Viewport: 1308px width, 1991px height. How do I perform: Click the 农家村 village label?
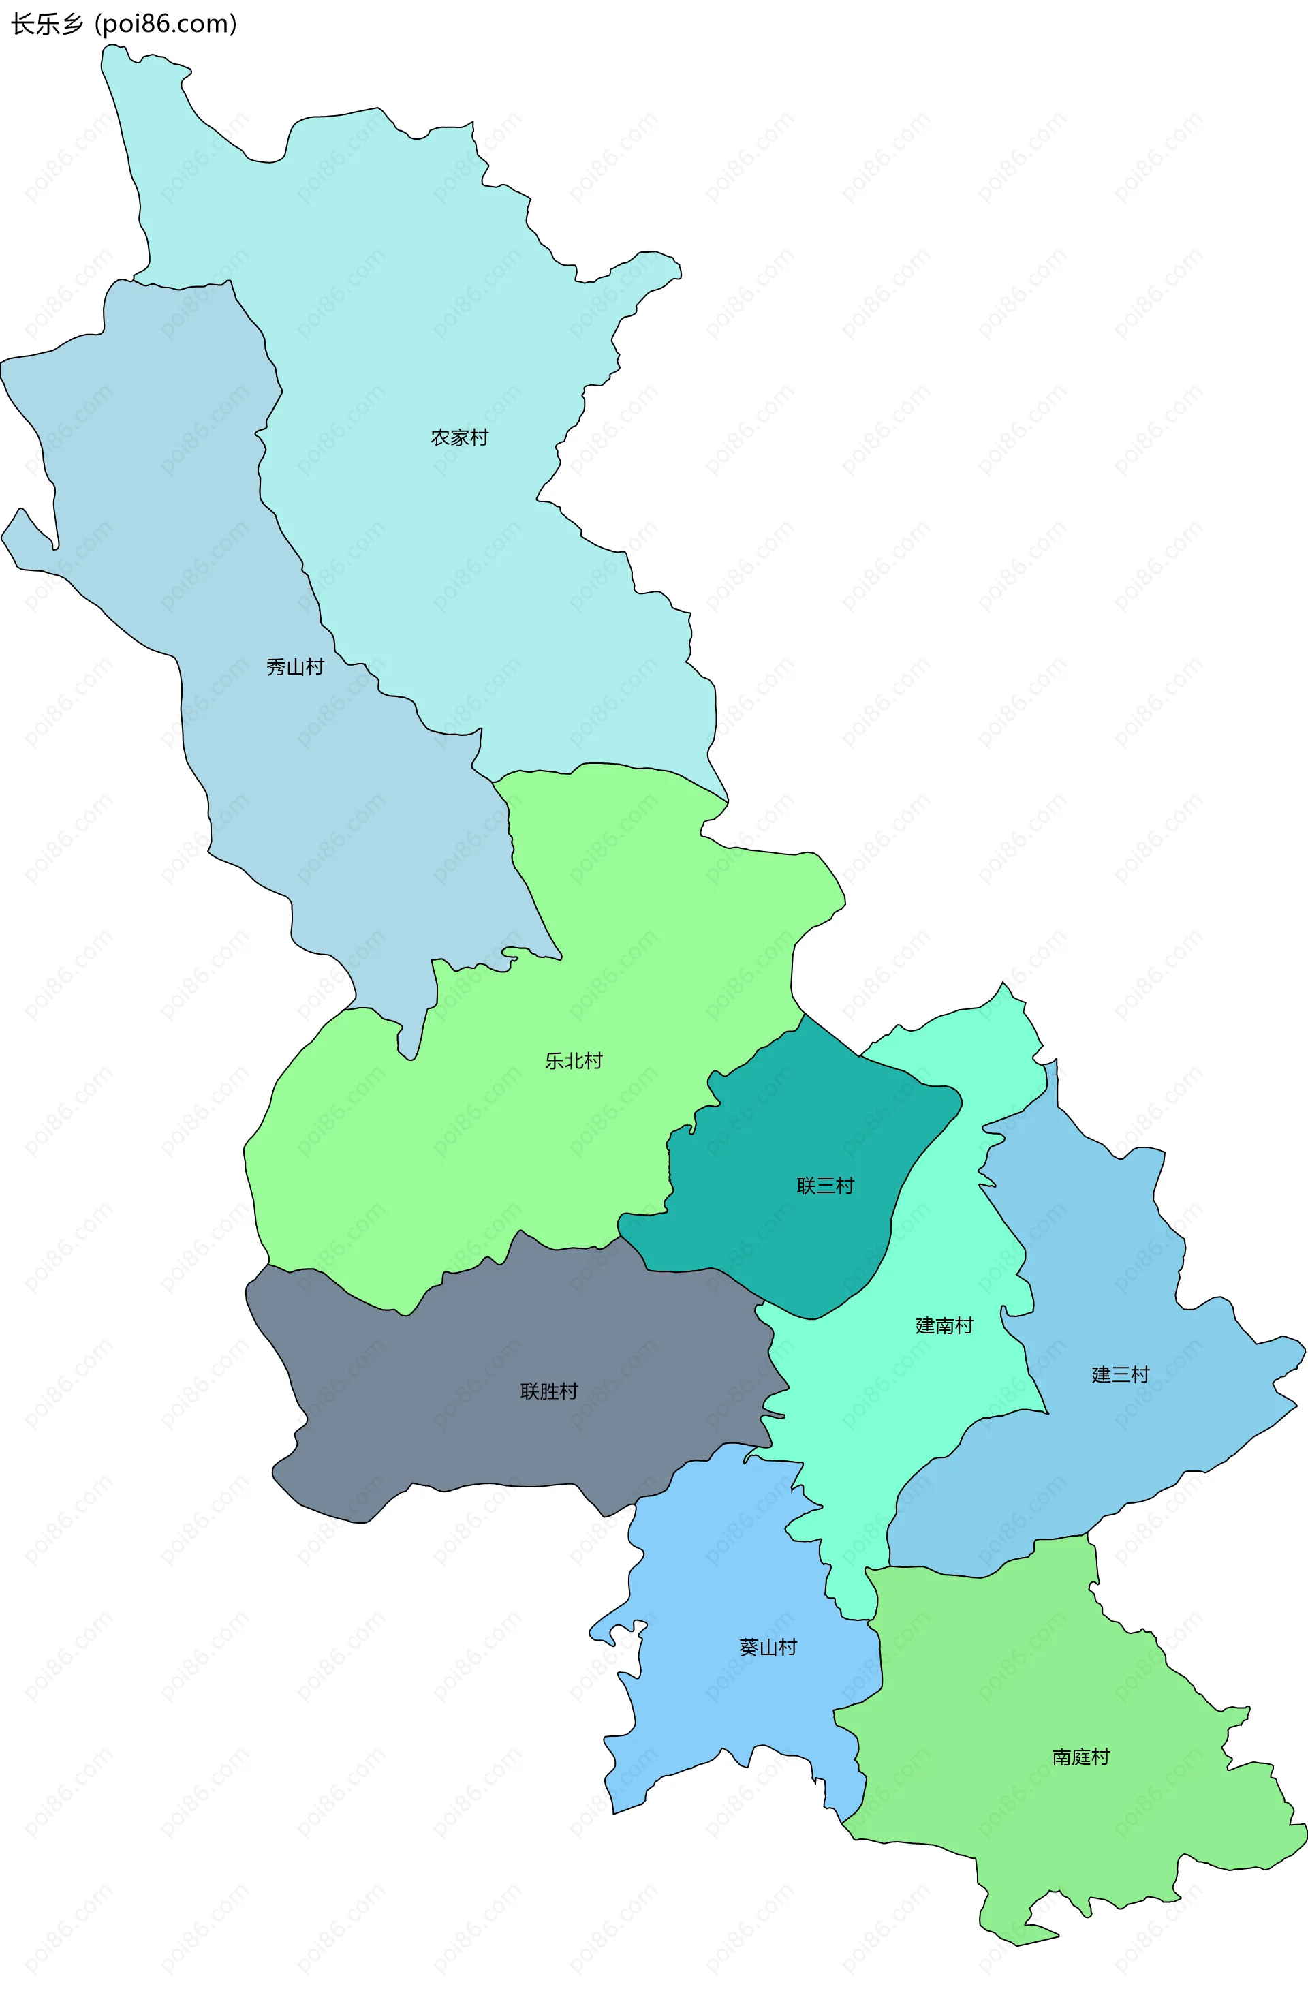click(x=459, y=437)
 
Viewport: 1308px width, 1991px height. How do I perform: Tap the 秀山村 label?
click(x=295, y=667)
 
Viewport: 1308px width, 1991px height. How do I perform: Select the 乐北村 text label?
click(x=574, y=1061)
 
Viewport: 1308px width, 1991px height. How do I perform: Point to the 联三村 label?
click(x=826, y=1186)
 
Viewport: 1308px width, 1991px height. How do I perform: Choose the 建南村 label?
click(x=944, y=1325)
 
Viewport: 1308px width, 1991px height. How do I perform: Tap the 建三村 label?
click(x=1121, y=1374)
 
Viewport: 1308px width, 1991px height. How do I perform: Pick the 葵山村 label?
click(x=768, y=1647)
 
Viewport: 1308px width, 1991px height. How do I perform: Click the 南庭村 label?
click(x=1081, y=1757)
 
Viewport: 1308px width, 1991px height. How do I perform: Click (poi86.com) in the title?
click(x=166, y=25)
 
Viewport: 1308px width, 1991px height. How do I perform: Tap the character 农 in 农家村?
click(x=440, y=437)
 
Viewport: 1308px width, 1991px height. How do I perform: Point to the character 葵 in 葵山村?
click(x=749, y=1647)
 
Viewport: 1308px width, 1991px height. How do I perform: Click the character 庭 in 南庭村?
click(x=1081, y=1757)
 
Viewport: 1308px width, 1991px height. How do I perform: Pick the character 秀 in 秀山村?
click(x=276, y=667)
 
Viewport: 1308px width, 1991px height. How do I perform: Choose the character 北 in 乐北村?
click(x=574, y=1061)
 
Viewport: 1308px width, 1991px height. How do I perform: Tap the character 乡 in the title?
click(x=73, y=25)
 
